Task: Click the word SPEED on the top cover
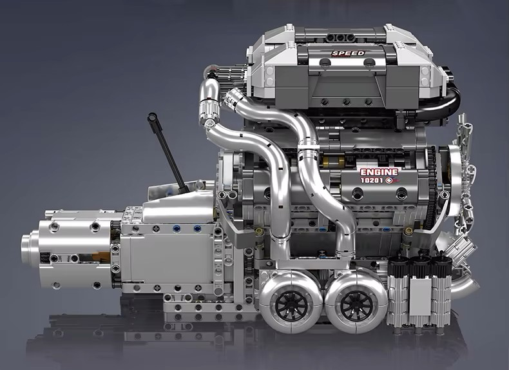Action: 348,53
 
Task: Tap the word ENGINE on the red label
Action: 379,173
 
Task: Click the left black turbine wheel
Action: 289,302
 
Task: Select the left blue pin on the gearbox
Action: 177,227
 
